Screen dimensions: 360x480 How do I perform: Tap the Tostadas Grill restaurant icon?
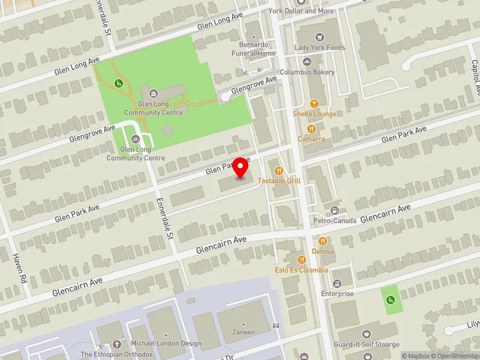279,171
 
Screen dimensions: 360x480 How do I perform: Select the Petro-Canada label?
334,220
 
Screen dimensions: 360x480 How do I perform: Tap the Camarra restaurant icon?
311,129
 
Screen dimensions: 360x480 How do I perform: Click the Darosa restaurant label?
322,251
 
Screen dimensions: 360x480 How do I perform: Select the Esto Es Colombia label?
301,270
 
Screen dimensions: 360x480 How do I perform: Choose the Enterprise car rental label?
338,293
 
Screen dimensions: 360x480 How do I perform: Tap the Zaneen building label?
244,332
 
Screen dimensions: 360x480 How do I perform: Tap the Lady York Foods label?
319,47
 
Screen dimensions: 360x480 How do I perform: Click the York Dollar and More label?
309,11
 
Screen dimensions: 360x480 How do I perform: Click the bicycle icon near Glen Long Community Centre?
135,139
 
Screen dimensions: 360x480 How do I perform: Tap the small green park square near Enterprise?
392,299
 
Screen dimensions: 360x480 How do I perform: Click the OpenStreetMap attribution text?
455,356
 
